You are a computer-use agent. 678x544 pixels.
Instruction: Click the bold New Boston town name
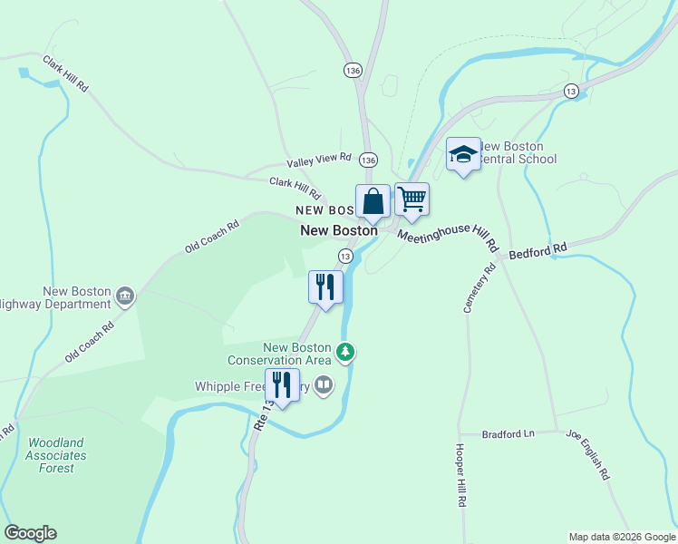coord(339,231)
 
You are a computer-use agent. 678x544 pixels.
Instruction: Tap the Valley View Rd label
coord(318,160)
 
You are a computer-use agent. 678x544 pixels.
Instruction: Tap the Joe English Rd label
coord(588,455)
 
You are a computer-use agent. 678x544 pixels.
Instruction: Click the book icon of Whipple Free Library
coord(324,386)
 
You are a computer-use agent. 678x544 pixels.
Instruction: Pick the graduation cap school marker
coord(462,154)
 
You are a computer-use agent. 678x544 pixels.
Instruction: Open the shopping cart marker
coord(412,199)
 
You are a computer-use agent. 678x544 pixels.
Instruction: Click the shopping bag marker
coord(373,200)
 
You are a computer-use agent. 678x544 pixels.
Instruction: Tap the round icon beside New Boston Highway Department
coord(125,294)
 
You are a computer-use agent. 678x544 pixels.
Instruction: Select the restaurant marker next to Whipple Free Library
coord(282,385)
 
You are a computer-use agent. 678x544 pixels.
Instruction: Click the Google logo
coord(30,533)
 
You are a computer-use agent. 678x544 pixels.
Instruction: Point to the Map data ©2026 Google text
coord(622,537)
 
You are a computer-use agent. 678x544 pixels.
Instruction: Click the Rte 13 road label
coord(261,414)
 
